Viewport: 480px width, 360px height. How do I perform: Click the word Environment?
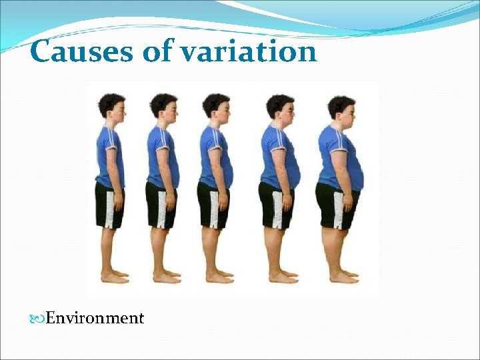pos(95,318)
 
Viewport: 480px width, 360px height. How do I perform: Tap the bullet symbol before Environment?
pos(39,319)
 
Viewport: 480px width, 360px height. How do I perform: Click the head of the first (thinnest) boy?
pos(112,107)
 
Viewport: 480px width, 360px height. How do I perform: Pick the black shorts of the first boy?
pos(109,205)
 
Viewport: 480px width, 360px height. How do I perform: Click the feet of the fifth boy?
pos(344,276)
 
